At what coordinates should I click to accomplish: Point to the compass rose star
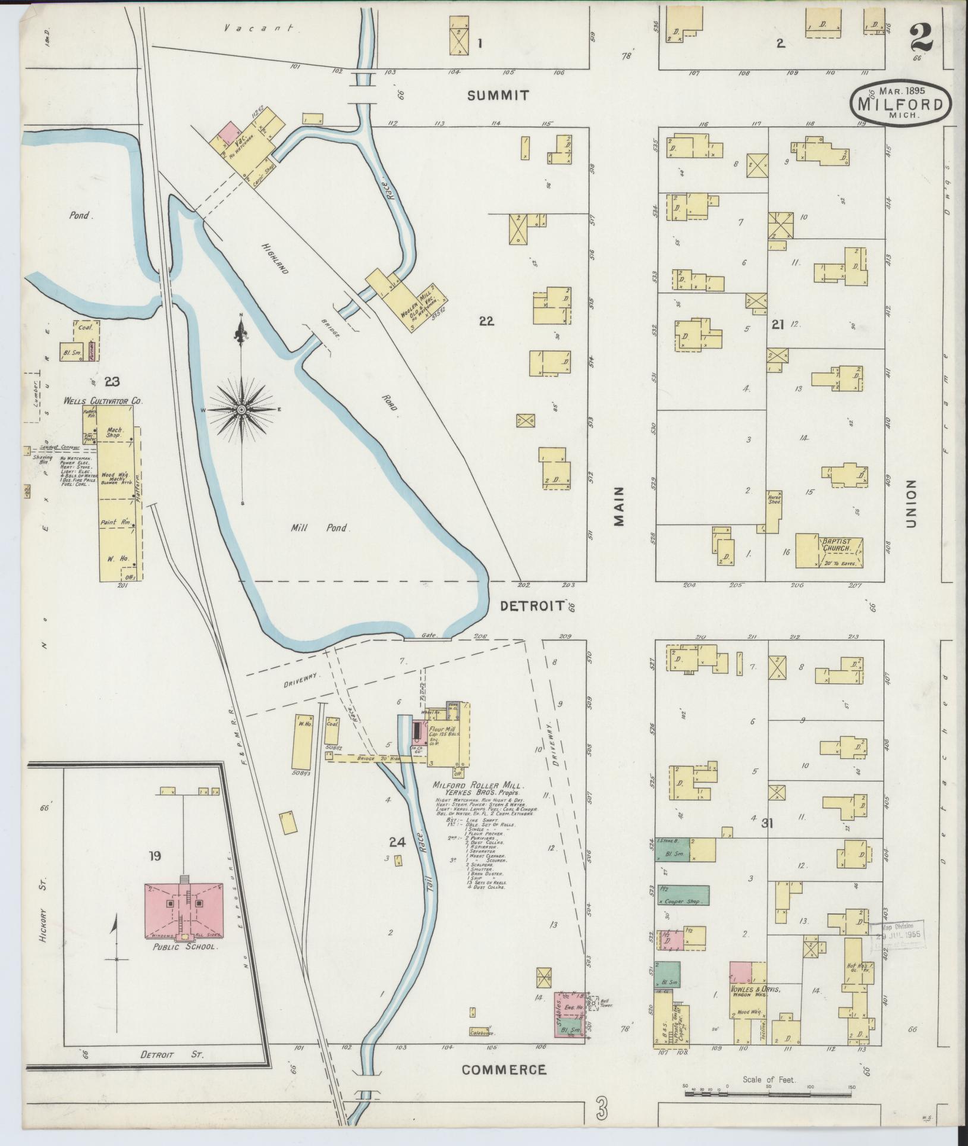(x=241, y=410)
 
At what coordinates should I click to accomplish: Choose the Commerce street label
(x=504, y=1070)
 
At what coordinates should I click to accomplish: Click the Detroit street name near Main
(x=532, y=606)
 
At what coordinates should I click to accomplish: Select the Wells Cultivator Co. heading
(x=103, y=402)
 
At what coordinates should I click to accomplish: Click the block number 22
(x=487, y=321)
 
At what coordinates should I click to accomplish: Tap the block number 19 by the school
(x=155, y=856)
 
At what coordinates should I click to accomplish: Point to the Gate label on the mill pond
(x=428, y=635)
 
